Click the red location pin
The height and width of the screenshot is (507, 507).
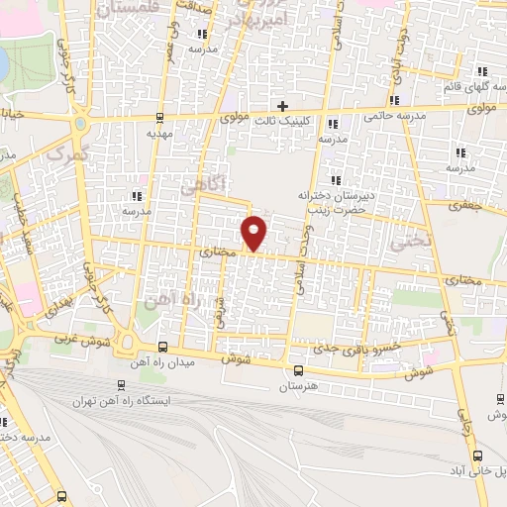tap(254, 233)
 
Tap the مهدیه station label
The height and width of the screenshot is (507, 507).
tap(160, 132)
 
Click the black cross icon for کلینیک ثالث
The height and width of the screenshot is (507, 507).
tap(282, 106)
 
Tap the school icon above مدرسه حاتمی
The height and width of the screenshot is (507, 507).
tap(395, 100)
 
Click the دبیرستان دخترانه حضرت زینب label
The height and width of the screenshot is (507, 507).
tap(338, 203)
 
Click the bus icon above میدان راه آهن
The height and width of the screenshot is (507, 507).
tap(161, 347)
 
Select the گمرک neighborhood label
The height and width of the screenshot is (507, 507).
tap(67, 156)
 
